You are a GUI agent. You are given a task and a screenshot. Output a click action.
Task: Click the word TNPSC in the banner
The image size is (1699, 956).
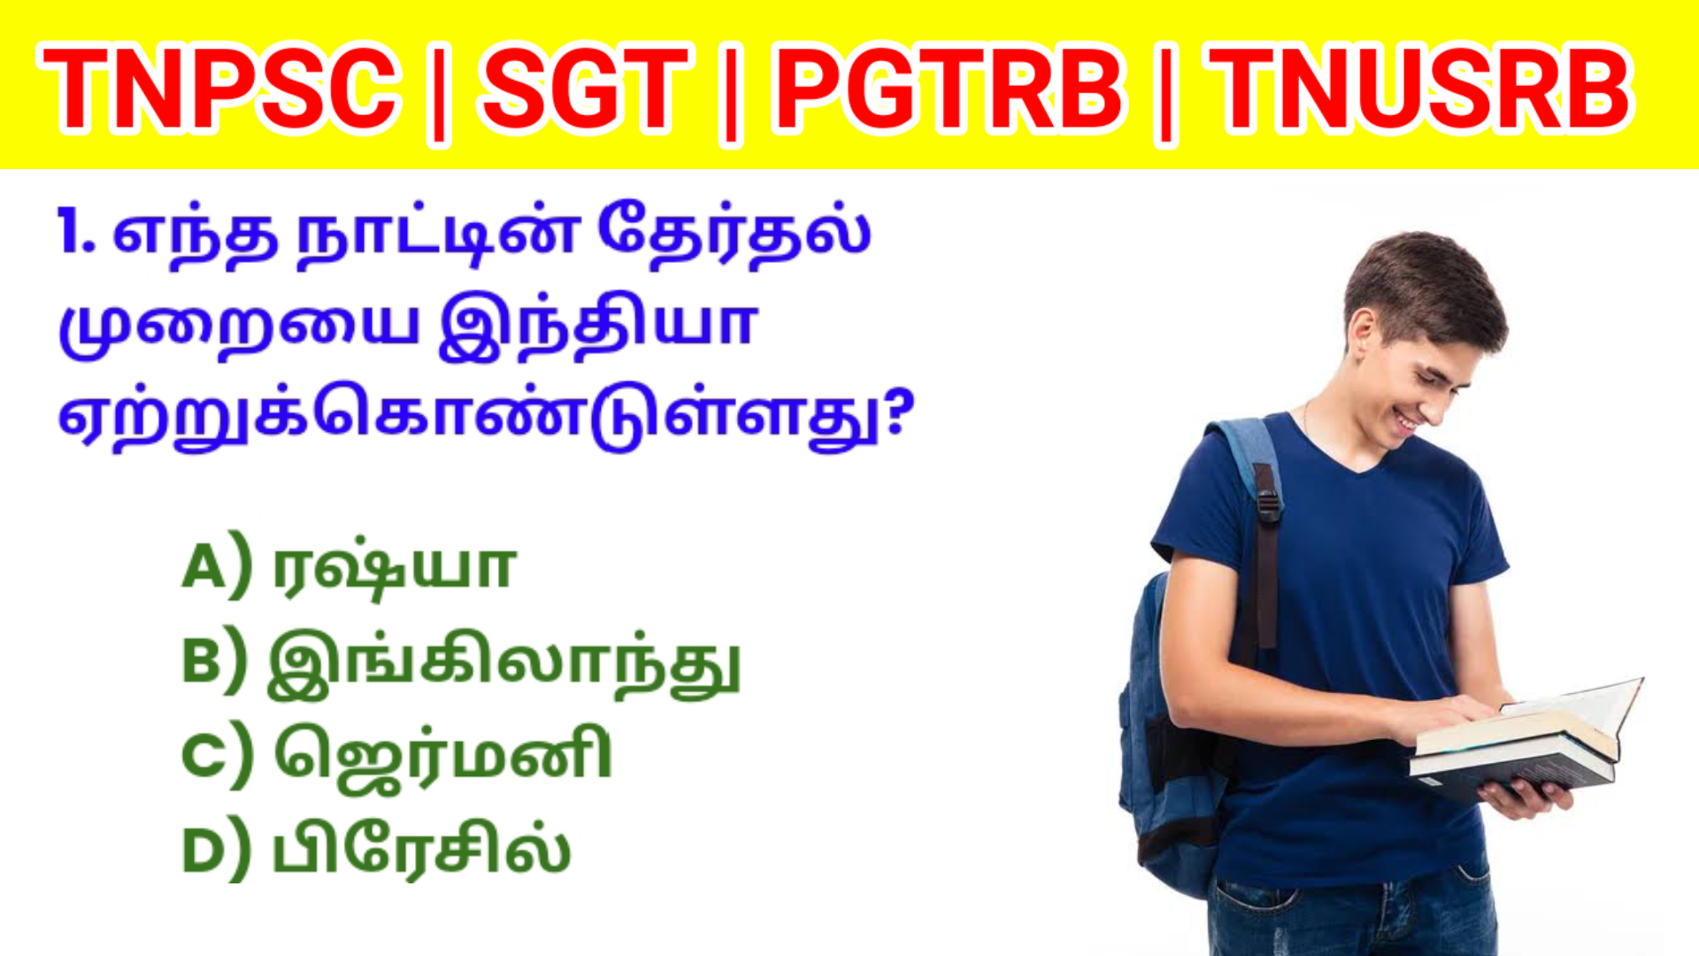tap(219, 89)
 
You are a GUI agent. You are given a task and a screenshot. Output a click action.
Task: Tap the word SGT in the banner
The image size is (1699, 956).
tap(585, 89)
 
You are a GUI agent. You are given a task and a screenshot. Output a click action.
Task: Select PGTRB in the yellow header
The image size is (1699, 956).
tap(949, 89)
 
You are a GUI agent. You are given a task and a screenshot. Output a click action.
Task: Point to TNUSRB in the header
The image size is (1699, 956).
tap(1420, 89)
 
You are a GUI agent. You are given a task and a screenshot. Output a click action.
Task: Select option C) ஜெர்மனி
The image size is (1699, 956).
tap(396, 757)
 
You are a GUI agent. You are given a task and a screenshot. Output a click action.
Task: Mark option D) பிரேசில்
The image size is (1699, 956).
tap(376, 851)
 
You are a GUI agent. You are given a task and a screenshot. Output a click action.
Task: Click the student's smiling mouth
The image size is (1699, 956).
tap(1405, 421)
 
